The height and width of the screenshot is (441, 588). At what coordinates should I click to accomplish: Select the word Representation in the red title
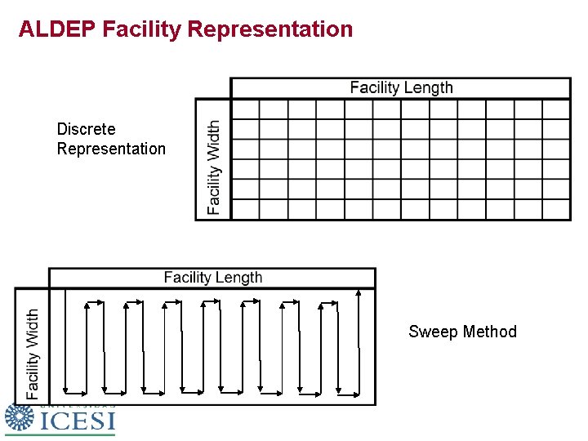270,29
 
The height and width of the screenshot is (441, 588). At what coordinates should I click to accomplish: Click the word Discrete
86,129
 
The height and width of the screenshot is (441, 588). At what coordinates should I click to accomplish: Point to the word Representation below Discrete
111,149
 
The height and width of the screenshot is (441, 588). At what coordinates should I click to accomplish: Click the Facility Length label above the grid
401,88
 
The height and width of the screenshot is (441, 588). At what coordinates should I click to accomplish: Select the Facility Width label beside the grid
214,167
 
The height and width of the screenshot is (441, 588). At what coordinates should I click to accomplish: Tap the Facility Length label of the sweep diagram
213,278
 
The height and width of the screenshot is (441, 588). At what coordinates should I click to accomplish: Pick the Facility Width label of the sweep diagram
33,353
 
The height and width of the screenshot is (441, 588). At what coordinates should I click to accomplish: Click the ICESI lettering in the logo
78,421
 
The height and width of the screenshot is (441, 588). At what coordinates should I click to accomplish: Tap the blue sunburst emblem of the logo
19,417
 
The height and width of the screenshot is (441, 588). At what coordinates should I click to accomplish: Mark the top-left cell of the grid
245,109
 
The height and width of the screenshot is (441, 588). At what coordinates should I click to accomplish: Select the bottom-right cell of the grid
556,209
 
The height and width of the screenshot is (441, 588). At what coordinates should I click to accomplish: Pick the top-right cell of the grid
556,109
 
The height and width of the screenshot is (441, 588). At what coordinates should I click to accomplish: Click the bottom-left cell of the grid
245,209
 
